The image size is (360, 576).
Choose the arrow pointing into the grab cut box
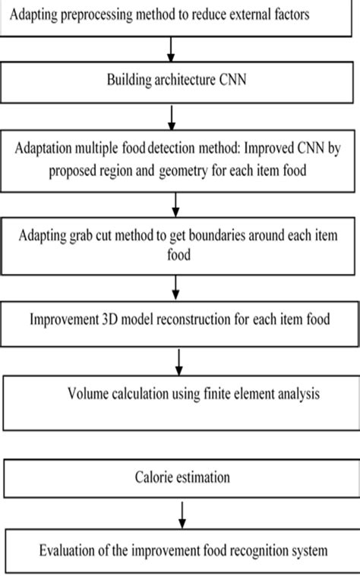(x=175, y=203)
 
